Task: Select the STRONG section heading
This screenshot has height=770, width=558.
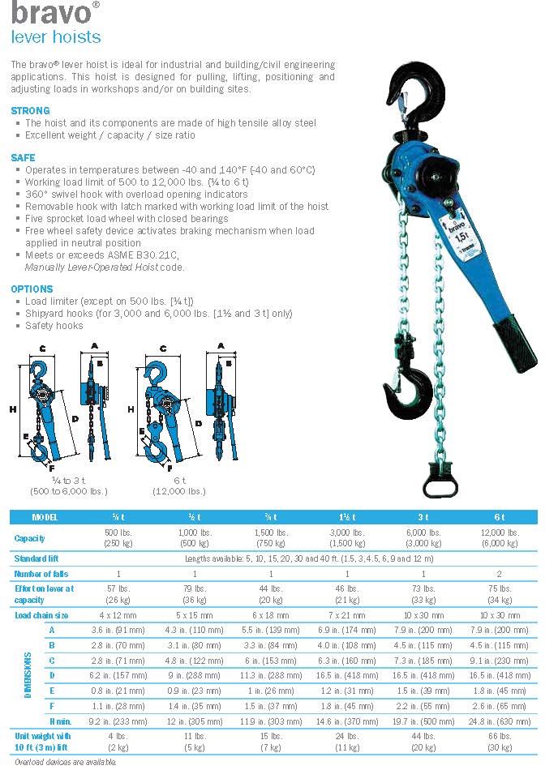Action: [30, 110]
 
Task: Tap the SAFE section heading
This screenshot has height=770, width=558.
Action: [24, 157]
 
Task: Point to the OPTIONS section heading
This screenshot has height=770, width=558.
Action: [32, 289]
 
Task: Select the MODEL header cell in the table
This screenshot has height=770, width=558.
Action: [45, 517]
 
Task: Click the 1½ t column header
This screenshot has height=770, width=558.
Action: [345, 517]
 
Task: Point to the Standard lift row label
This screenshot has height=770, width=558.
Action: [36, 558]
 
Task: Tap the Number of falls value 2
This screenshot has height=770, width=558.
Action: [499, 574]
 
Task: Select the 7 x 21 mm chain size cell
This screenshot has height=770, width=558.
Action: [345, 615]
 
